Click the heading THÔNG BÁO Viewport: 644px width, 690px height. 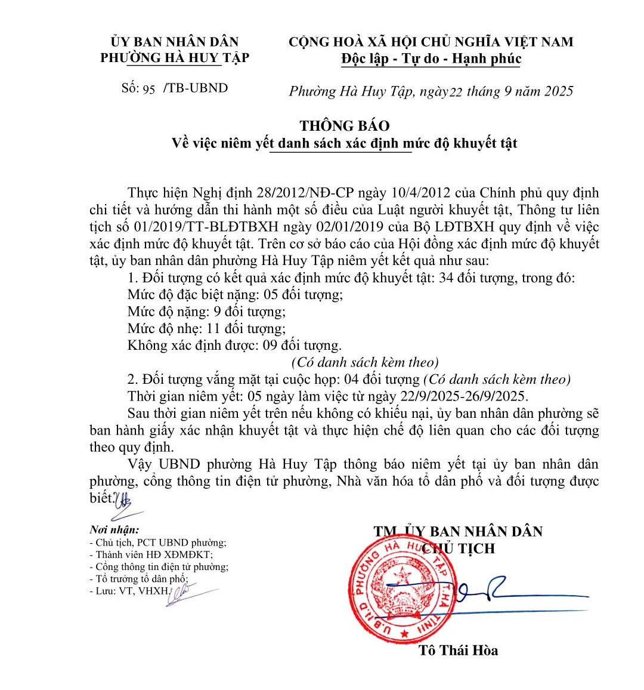[x=344, y=126]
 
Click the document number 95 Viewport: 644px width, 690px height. [x=148, y=89]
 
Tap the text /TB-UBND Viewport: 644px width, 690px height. [x=196, y=88]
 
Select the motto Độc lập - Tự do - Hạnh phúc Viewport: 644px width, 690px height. [x=431, y=58]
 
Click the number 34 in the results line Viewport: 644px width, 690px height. [x=446, y=278]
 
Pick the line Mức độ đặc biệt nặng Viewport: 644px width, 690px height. [x=235, y=295]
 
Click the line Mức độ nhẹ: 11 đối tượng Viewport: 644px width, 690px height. [x=206, y=328]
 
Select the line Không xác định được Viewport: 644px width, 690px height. [x=234, y=345]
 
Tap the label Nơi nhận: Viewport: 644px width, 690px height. [x=114, y=529]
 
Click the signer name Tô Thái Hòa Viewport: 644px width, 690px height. [x=458, y=650]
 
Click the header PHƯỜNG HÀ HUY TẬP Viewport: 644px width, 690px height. [x=175, y=58]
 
